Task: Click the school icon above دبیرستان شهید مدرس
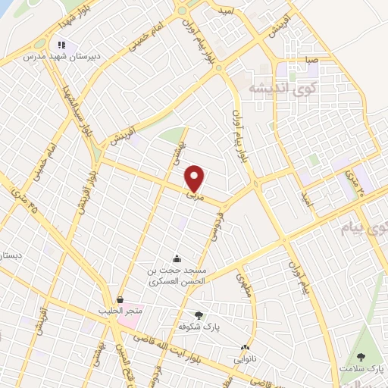pos(61,44)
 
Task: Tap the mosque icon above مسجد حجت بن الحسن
pos(177,259)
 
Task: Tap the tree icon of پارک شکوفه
pos(199,314)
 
